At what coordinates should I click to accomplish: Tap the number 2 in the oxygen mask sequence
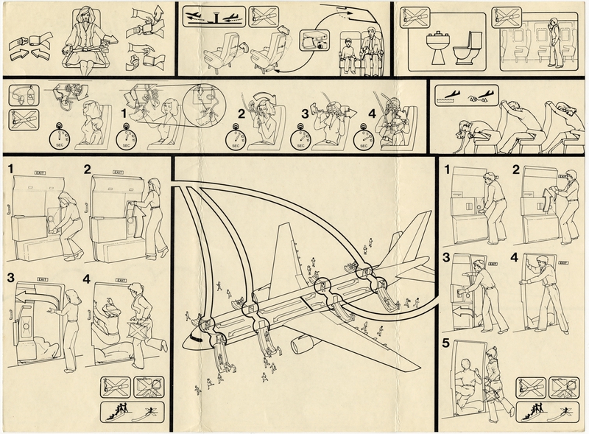click(241, 114)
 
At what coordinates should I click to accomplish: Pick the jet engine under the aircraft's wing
click(303, 343)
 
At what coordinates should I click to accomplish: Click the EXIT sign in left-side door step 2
click(118, 172)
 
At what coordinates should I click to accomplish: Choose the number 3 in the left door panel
click(11, 278)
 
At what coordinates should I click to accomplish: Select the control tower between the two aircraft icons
click(213, 15)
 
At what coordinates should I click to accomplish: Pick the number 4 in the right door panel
click(514, 258)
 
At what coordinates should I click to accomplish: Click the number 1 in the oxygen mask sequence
click(123, 114)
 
